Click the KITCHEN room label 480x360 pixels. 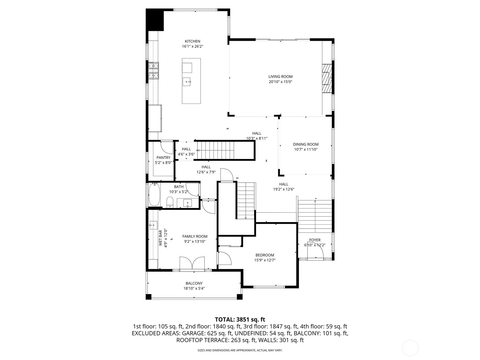tap(192, 41)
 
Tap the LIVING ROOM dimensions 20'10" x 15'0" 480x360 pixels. tap(280, 82)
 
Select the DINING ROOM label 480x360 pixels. tap(306, 144)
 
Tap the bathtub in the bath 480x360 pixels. tap(154, 195)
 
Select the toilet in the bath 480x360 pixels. tap(170, 202)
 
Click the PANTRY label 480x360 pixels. tap(163, 157)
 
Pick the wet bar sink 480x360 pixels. tap(153, 225)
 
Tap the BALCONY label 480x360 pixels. tap(194, 283)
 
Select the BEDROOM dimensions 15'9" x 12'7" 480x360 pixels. tap(265, 260)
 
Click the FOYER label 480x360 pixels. tap(315, 240)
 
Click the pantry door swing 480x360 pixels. tap(167, 147)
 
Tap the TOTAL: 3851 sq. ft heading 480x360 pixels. tap(240, 319)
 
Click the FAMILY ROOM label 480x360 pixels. tap(195, 236)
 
